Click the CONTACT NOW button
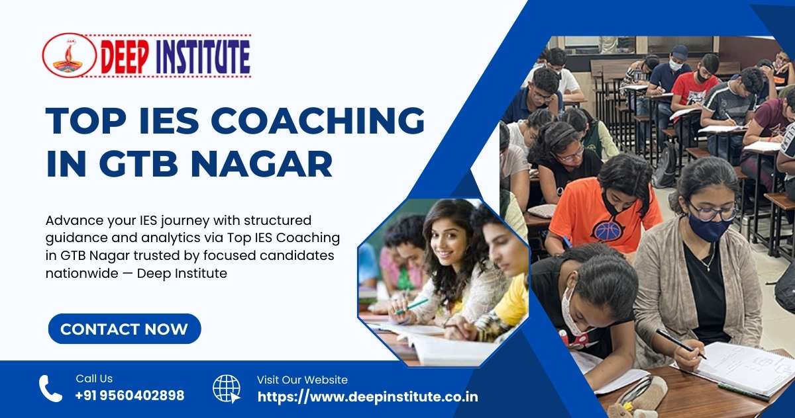pos(124,329)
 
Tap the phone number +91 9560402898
pos(130,396)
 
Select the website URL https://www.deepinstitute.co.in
pos(367,397)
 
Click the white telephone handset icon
pos(50,389)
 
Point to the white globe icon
pos(227,389)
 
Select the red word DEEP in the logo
pos(126,57)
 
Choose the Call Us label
pos(94,379)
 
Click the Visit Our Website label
pos(302,380)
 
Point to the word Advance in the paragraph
pos(70,220)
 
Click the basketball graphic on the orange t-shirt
pos(608,230)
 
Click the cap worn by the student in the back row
pos(679,51)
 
